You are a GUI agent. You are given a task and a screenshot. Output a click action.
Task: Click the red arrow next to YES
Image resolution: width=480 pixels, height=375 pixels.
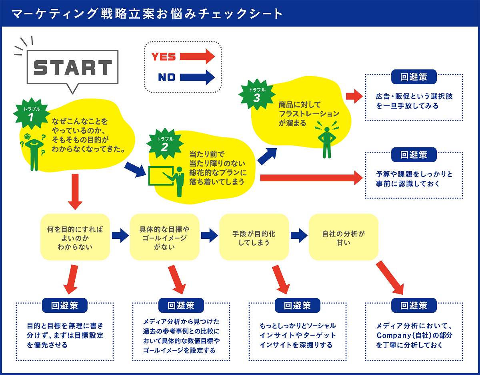[x=198, y=56]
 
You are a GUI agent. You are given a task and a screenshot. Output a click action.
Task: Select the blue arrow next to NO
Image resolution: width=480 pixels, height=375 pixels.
[x=198, y=77]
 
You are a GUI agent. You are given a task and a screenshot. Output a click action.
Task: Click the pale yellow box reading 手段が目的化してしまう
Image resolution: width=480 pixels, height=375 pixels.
[x=254, y=237]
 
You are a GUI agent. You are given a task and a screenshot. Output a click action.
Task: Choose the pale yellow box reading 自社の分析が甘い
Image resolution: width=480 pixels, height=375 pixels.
[x=344, y=237]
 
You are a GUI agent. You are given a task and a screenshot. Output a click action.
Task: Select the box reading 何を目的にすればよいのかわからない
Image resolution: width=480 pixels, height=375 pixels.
[x=75, y=237]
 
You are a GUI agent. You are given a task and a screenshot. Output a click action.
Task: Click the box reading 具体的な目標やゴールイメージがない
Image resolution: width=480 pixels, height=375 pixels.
[x=164, y=237]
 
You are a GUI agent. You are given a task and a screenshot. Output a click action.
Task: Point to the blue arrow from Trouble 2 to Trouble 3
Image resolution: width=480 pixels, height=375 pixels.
[x=267, y=156]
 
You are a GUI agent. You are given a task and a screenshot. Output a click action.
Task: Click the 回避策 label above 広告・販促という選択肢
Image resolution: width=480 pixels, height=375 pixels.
[x=414, y=77]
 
